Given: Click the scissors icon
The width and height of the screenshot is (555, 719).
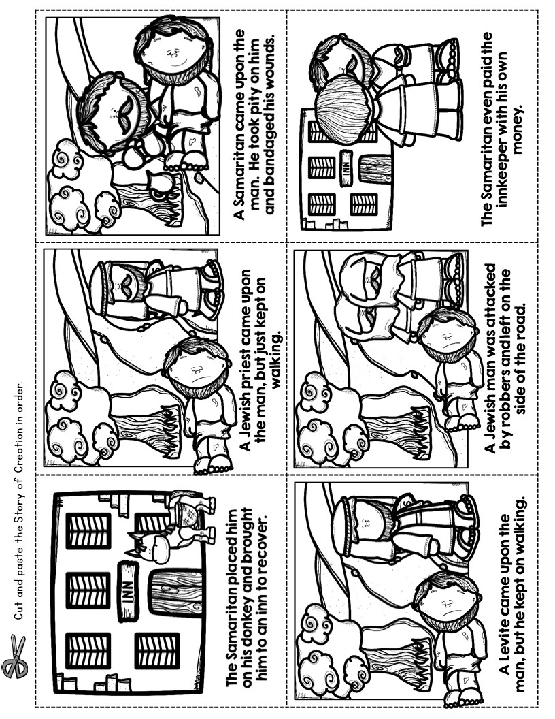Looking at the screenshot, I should click(x=15, y=656).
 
